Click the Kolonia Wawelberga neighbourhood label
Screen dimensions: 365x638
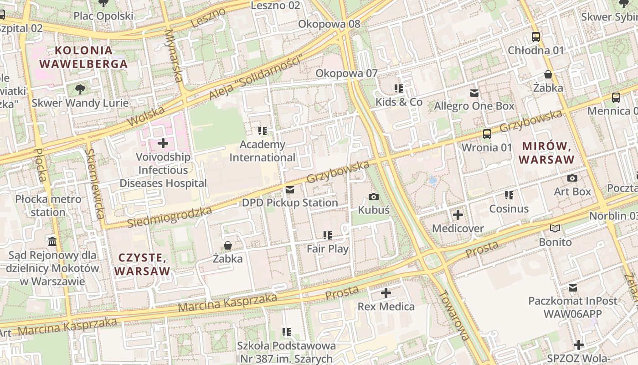(x=83, y=57)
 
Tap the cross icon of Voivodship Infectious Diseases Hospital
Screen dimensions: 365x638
(x=163, y=144)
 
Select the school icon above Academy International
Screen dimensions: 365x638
(x=262, y=131)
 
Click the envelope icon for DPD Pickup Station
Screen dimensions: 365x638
(x=290, y=190)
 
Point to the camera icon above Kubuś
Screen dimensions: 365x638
(x=374, y=197)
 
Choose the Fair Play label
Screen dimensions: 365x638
(x=328, y=249)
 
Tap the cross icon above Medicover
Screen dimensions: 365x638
(x=458, y=215)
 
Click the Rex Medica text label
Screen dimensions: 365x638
(x=386, y=307)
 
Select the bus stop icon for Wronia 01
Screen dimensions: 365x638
(x=487, y=134)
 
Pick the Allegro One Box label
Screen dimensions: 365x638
(x=474, y=106)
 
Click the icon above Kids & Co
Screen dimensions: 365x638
(x=399, y=89)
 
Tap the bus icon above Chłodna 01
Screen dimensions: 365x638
(x=536, y=37)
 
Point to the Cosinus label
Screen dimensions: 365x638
(x=509, y=209)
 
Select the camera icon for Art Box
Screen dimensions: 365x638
(x=572, y=178)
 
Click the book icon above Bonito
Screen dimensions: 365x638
(x=555, y=229)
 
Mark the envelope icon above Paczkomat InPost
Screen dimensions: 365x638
(x=573, y=288)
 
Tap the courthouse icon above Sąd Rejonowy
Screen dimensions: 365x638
(x=52, y=241)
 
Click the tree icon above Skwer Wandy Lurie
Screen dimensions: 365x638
(x=80, y=89)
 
